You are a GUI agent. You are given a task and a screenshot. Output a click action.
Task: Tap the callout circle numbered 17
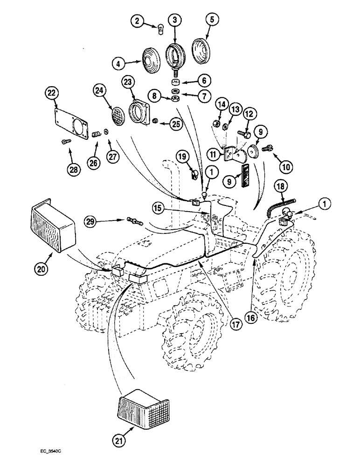[235, 323]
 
